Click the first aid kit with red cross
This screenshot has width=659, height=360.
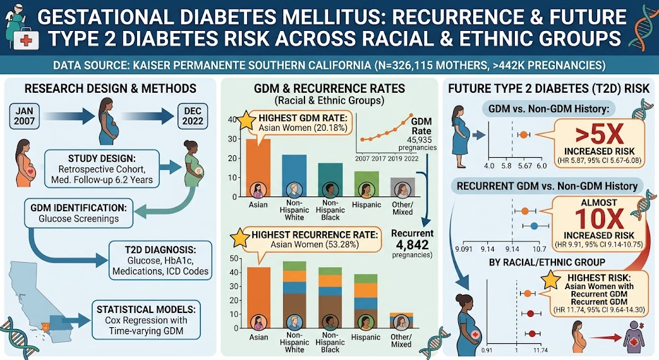click(26, 40)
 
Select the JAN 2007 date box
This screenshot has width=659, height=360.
click(24, 116)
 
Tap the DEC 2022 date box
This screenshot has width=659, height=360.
click(192, 116)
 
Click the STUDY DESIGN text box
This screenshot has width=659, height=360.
click(102, 169)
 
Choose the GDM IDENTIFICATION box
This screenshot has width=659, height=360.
click(79, 213)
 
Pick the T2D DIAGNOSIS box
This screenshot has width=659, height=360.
click(160, 260)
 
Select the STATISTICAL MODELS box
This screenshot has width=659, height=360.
click(146, 320)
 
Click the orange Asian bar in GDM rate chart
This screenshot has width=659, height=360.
click(258, 167)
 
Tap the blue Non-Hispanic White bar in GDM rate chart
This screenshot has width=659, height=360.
click(294, 176)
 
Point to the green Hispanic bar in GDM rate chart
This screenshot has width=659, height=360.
click(366, 184)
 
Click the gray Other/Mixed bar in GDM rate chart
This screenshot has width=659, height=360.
click(403, 187)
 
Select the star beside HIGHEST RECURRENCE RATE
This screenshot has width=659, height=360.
click(240, 238)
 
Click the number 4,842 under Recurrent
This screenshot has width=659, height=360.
click(412, 245)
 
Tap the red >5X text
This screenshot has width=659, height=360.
click(599, 135)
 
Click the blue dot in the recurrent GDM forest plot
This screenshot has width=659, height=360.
click(534, 226)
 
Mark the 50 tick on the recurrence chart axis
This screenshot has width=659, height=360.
click(234, 258)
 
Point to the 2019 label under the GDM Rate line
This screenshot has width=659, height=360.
click(394, 158)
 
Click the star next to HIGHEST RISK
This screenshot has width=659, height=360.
click(551, 280)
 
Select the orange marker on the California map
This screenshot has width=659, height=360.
click(45, 327)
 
